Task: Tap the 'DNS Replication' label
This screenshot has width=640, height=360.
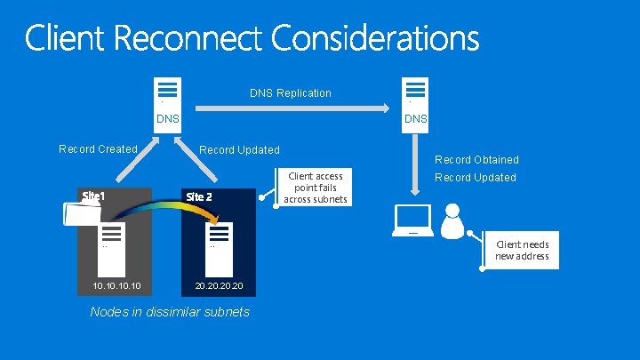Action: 290,92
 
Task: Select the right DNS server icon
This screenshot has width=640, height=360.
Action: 415,91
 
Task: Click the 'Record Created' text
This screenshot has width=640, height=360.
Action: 98,148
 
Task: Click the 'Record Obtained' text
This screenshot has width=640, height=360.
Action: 476,160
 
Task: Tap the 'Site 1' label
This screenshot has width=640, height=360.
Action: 93,195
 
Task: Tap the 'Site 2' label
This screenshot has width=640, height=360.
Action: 197,196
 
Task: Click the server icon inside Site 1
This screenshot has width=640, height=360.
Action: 111,235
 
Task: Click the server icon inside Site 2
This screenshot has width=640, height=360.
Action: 218,235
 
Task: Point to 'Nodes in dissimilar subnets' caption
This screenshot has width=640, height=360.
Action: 170,311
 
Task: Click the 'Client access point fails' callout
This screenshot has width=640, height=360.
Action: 316,188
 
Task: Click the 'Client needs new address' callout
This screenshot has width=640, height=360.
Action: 523,250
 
